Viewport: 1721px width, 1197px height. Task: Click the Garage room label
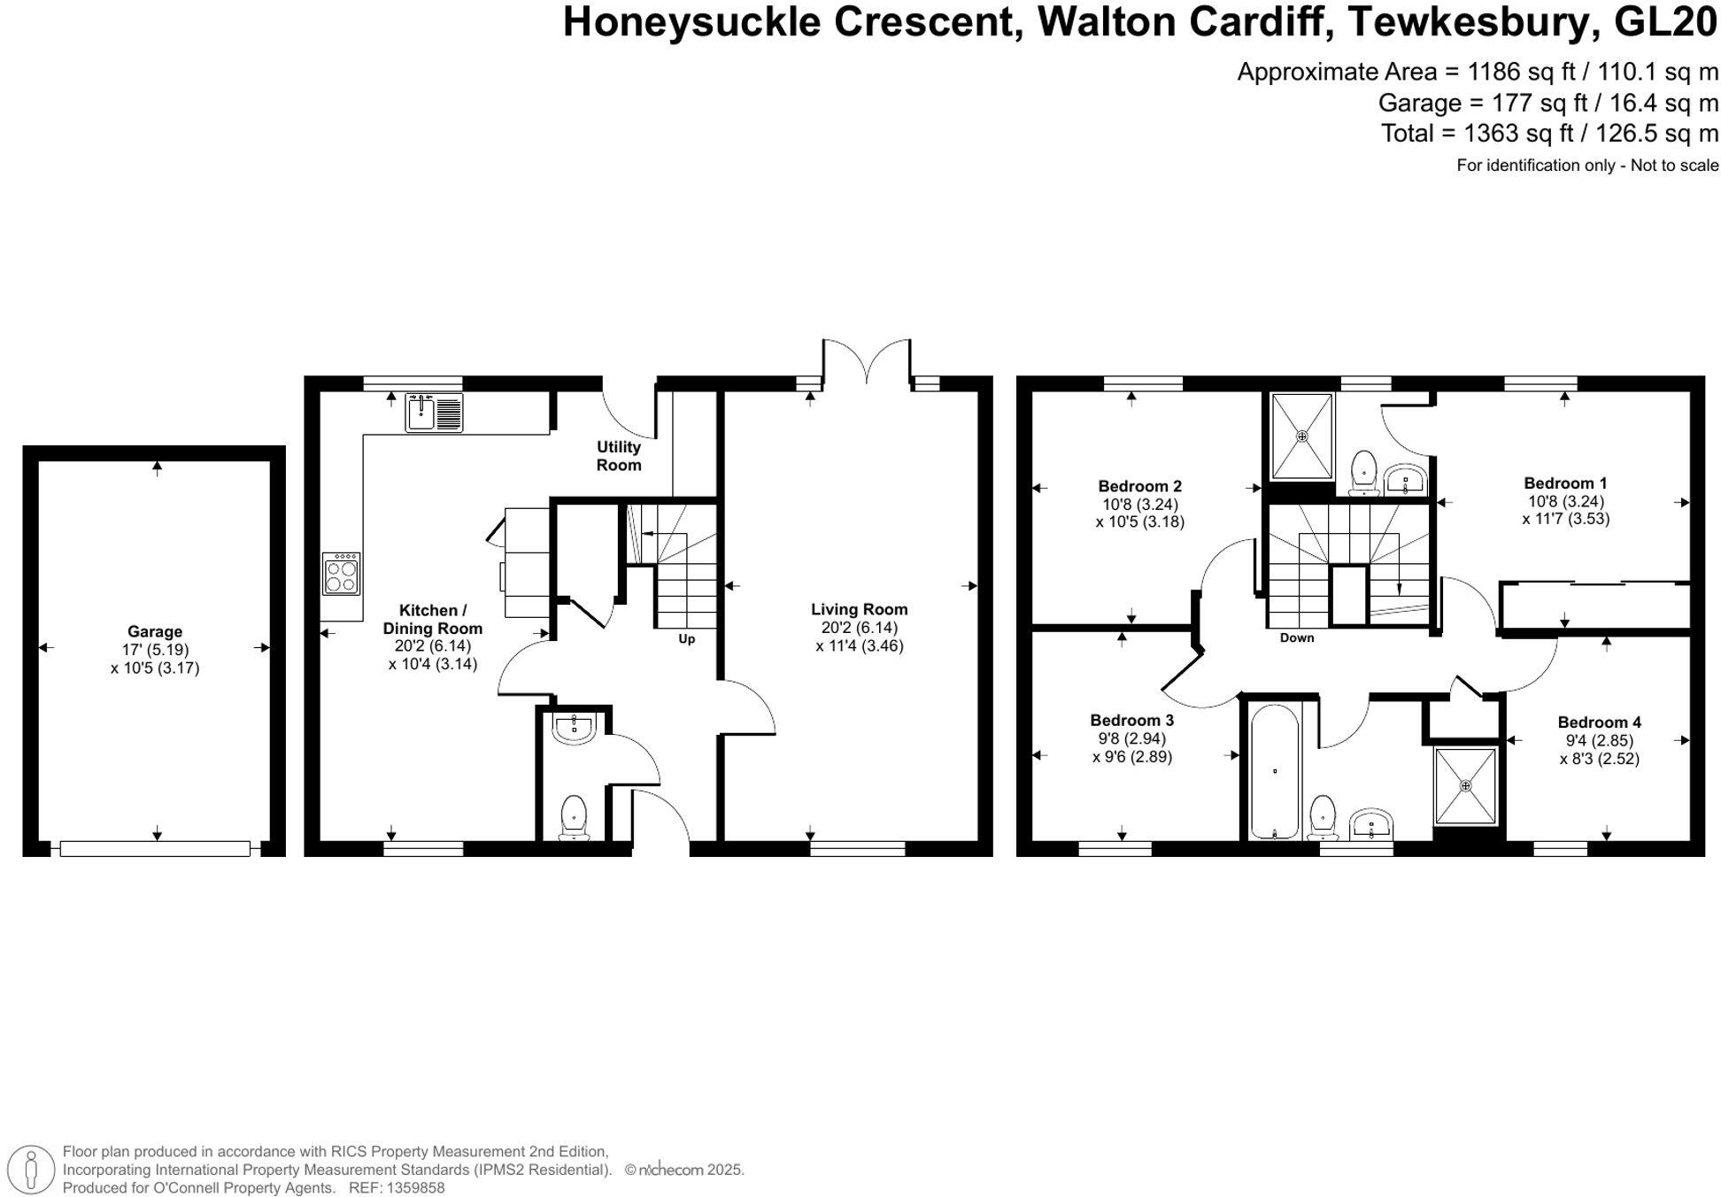pyautogui.click(x=155, y=631)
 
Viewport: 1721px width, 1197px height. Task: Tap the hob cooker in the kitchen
pyautogui.click(x=342, y=574)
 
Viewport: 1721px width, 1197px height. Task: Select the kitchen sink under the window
pyautogui.click(x=434, y=413)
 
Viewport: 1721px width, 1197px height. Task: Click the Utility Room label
pyautogui.click(x=618, y=456)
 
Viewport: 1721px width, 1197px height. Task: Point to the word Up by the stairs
pyautogui.click(x=686, y=638)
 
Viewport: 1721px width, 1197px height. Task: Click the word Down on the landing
pyautogui.click(x=1296, y=637)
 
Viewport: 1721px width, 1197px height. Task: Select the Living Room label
pyautogui.click(x=859, y=609)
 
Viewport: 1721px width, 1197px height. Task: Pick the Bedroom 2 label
pyautogui.click(x=1139, y=486)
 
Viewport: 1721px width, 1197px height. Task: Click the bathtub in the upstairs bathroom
pyautogui.click(x=1274, y=770)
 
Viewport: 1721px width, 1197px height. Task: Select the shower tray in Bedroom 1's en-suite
pyautogui.click(x=1301, y=436)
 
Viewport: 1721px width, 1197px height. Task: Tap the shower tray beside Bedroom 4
pyautogui.click(x=1465, y=785)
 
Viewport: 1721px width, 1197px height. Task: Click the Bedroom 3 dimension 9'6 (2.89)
pyautogui.click(x=1131, y=757)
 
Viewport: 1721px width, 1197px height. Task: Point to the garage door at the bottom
pyautogui.click(x=155, y=848)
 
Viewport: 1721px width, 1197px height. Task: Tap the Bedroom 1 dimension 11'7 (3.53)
pyautogui.click(x=1565, y=519)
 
